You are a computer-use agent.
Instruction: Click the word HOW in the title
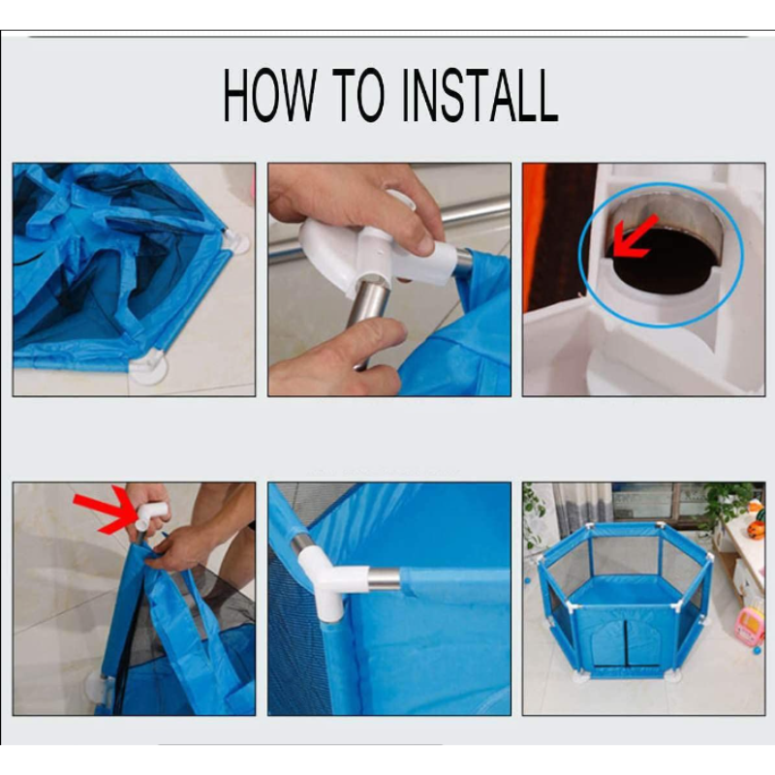pyautogui.click(x=270, y=94)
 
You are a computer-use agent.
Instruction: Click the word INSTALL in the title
pyautogui.click(x=480, y=95)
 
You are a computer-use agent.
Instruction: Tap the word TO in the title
pyautogui.click(x=358, y=94)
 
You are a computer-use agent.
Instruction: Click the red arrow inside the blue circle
pyautogui.click(x=635, y=236)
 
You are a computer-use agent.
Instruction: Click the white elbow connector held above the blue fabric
pyautogui.click(x=152, y=516)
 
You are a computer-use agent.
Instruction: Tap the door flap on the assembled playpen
pyautogui.click(x=626, y=641)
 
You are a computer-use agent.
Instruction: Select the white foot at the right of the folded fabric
pyautogui.click(x=236, y=241)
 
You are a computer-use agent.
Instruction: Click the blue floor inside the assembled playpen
pyautogui.click(x=626, y=590)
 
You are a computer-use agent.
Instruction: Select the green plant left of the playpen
pyautogui.click(x=535, y=516)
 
